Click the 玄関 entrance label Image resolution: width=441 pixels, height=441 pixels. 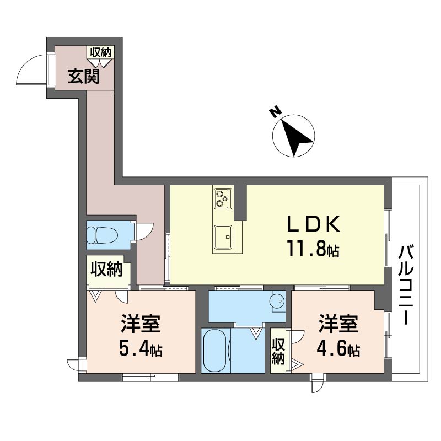pos(84,76)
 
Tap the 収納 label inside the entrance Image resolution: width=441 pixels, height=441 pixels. pos(100,52)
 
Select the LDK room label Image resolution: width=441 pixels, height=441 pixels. pos(313,224)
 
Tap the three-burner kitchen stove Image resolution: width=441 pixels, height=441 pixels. pos(223,198)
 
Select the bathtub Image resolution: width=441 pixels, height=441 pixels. pos(214,350)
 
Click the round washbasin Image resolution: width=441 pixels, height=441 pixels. pos(277,302)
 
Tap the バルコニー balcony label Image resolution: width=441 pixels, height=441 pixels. pos(406,285)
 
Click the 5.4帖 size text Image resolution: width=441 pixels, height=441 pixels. pos(141,349)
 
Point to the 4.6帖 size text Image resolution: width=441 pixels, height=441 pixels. pos(338,349)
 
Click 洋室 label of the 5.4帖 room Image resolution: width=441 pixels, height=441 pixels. pos(141,324)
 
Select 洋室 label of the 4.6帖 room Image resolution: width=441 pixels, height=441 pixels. pos(338,324)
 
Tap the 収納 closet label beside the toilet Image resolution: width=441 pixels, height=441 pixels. pos(106,269)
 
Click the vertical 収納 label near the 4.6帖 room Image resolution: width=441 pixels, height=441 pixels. pos(278,351)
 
